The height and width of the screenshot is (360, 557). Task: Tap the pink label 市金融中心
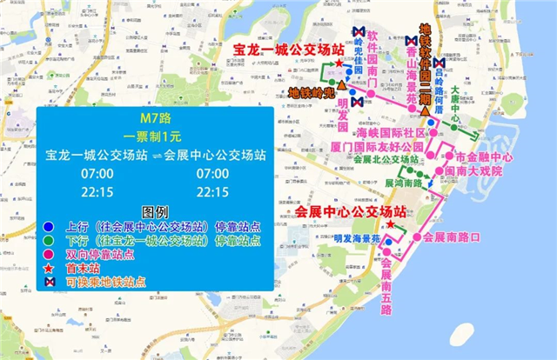click(477, 157)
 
